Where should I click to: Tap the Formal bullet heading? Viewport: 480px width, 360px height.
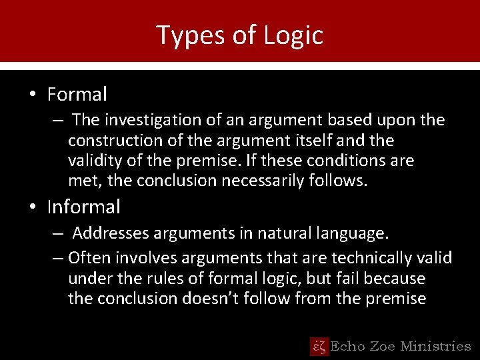click(x=77, y=95)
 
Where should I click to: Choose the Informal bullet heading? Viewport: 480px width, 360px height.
click(x=83, y=207)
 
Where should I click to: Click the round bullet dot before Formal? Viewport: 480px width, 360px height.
click(x=32, y=95)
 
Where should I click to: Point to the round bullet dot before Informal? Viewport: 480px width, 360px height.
click(x=32, y=207)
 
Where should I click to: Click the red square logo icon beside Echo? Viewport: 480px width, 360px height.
click(x=319, y=346)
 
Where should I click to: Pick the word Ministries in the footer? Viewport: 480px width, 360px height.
click(x=435, y=346)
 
